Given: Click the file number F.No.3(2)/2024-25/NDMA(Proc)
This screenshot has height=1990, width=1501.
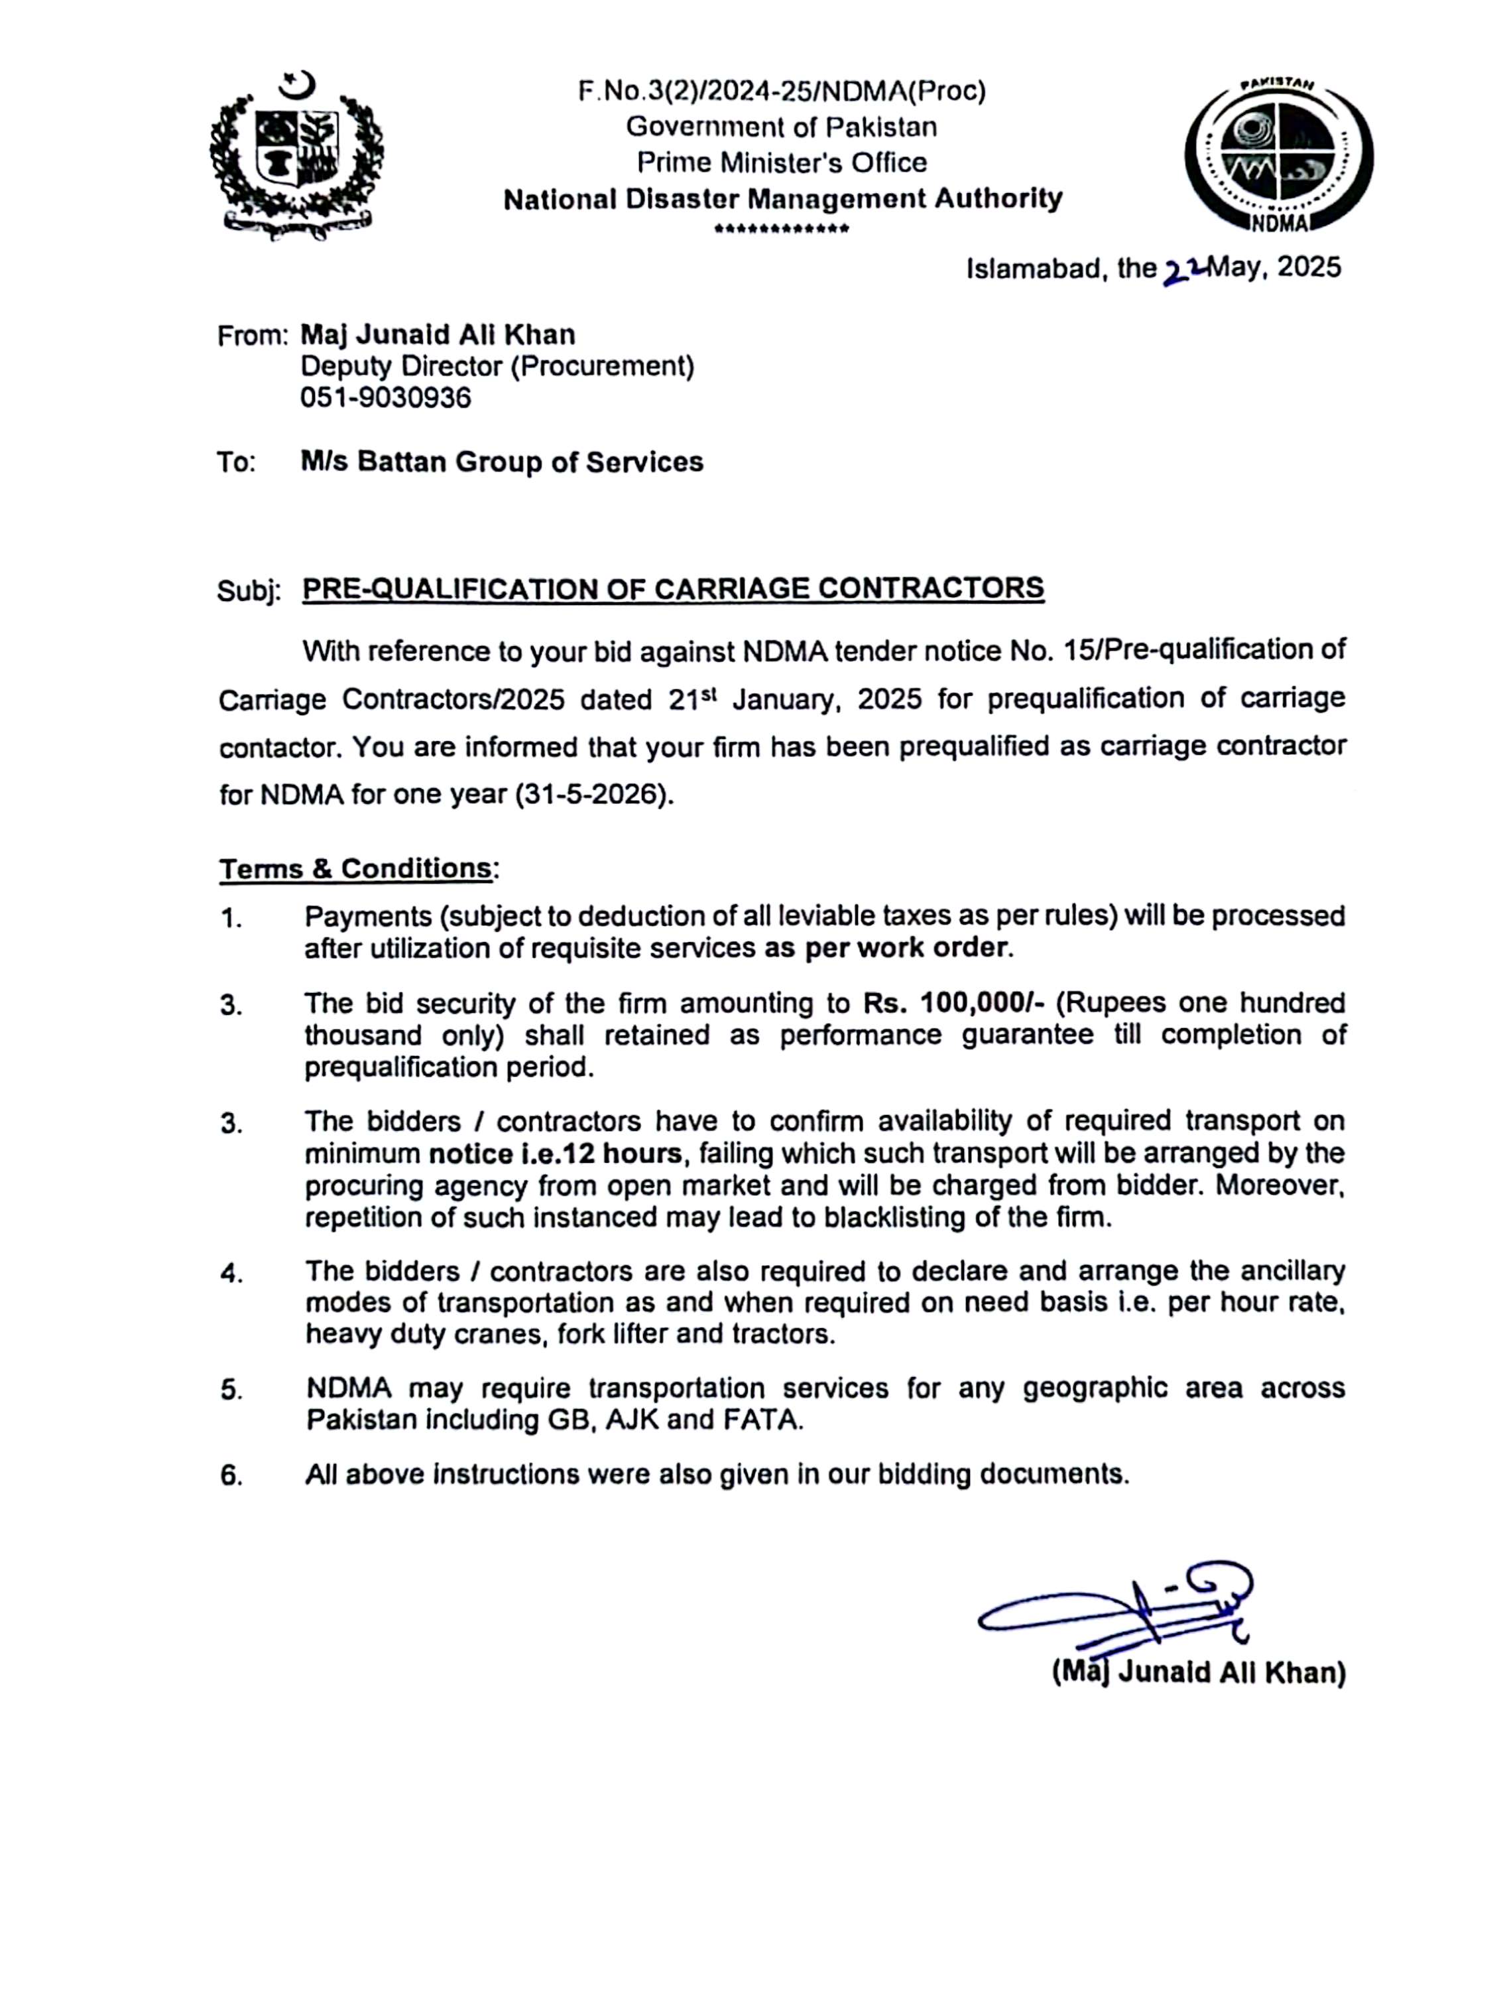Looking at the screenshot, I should [x=782, y=92].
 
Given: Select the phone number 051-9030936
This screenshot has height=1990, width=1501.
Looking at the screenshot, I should [x=386, y=397].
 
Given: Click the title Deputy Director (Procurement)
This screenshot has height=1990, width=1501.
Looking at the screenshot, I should [x=497, y=366].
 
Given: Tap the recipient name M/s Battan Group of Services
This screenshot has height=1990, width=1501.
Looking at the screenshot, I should [x=502, y=462].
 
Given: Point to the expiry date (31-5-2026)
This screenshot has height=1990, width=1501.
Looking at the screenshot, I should [x=593, y=795].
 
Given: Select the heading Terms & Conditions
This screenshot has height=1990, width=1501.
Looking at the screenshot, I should [x=356, y=868].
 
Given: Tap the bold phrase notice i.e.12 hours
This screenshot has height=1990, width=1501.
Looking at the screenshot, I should [x=556, y=1154].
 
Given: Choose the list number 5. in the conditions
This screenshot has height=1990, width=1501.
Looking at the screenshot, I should [x=231, y=1391].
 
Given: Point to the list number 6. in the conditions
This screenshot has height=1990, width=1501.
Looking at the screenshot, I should [x=231, y=1477].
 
